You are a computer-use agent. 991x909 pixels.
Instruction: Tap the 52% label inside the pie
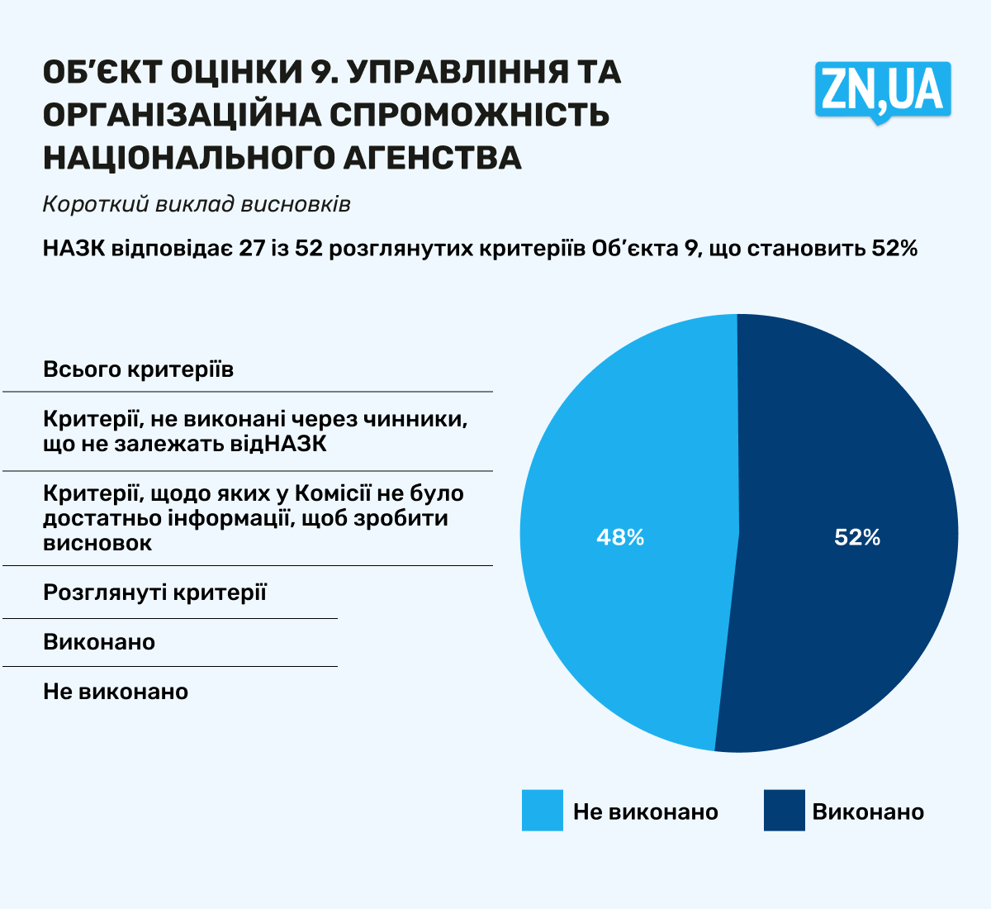coord(857,538)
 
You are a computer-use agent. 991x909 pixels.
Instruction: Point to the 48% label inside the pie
coord(620,538)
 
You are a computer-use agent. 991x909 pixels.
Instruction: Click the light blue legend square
coord(542,811)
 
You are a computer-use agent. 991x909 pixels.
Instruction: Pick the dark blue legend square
coord(784,811)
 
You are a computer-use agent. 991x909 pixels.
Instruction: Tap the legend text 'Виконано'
coord(868,811)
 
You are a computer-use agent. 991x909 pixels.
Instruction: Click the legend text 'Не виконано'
coord(645,811)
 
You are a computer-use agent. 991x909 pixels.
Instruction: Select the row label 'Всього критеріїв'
coord(138,369)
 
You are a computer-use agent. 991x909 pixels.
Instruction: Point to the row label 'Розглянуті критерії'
coord(154,593)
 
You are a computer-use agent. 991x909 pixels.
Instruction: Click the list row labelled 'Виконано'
coord(99,642)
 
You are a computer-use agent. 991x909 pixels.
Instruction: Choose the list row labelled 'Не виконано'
coord(116,692)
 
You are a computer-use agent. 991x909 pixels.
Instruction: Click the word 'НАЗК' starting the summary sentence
coord(73,248)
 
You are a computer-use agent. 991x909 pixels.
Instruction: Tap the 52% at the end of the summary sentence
coord(895,248)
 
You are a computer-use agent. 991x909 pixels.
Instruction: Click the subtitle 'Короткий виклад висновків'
coord(197,204)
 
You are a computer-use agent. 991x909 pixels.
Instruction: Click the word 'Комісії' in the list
coord(333,493)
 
